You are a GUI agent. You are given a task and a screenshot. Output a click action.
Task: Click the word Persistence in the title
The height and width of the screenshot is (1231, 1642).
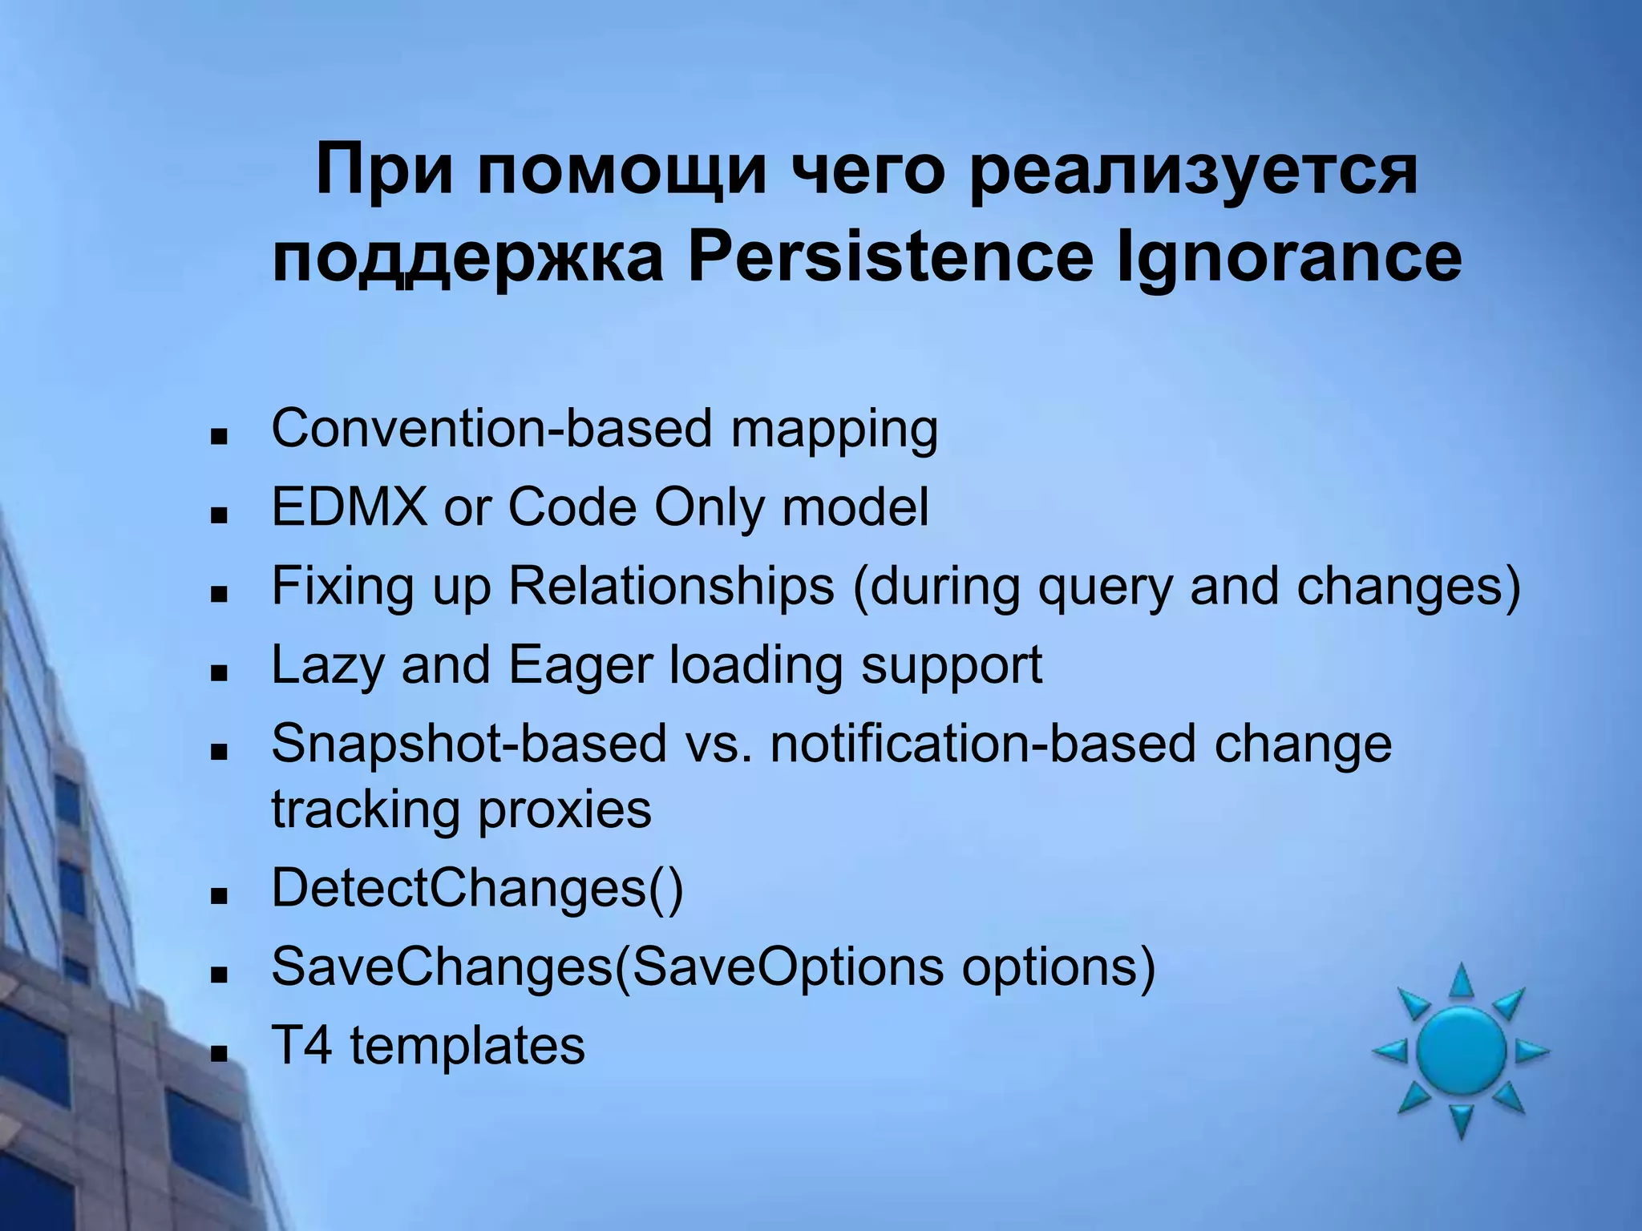tap(889, 258)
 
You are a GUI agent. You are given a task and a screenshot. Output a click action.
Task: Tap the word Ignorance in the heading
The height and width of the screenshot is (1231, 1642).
tap(1288, 258)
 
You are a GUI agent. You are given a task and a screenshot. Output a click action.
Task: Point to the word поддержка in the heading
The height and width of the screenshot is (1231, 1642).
tap(467, 258)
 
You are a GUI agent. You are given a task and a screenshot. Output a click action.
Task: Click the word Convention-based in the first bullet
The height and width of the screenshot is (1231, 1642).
tap(491, 428)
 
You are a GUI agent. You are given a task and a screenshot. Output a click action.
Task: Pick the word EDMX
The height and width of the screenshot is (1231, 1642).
tap(350, 507)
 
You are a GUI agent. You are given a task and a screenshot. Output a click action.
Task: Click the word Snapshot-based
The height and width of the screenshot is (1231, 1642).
tap(469, 743)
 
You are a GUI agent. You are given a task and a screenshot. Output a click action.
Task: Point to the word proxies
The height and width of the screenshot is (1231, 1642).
tap(564, 809)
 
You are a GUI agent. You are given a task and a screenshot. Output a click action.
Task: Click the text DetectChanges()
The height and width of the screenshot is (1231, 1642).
tap(477, 888)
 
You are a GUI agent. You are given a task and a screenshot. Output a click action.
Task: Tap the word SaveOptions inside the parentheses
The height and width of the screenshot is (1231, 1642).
tap(787, 967)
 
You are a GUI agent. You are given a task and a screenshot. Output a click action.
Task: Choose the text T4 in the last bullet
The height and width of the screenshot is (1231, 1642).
tap(301, 1046)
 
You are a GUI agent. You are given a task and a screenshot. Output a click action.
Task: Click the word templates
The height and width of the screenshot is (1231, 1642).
tap(467, 1046)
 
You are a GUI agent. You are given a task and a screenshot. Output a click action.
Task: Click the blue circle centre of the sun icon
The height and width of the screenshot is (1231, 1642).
tap(1461, 1051)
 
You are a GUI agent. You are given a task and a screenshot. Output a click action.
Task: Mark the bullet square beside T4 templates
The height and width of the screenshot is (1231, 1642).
tap(217, 1053)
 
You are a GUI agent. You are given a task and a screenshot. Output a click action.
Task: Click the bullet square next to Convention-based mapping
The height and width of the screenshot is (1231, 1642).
tap(217, 437)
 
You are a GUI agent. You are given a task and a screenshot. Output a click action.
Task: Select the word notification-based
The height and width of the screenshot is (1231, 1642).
tap(983, 743)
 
